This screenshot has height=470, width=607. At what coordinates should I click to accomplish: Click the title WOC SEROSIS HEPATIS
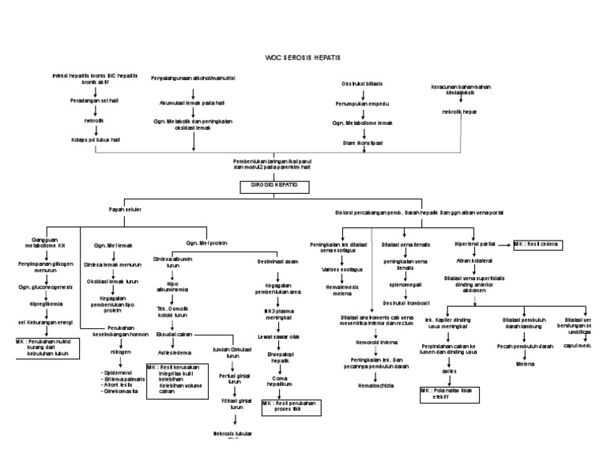[303, 59]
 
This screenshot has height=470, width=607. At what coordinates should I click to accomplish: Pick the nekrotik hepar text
[460, 112]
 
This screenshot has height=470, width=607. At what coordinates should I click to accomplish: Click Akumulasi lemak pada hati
[192, 102]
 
